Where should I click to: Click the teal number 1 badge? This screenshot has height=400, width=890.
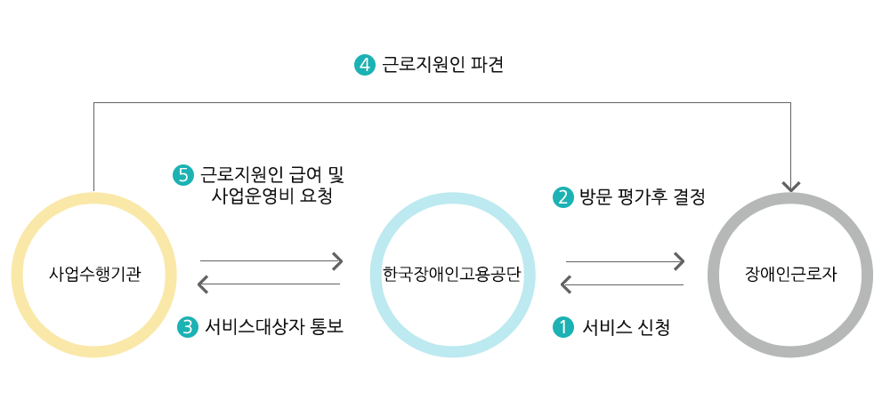[x=563, y=327]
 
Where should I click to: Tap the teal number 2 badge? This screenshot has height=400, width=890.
[x=563, y=197]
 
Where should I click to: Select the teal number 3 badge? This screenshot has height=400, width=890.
[x=186, y=327]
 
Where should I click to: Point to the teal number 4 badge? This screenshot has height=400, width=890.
[x=365, y=65]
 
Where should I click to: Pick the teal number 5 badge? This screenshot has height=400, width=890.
[x=183, y=175]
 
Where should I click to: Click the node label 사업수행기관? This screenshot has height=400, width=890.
[x=94, y=274]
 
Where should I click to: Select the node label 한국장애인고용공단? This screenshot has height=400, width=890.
[x=451, y=274]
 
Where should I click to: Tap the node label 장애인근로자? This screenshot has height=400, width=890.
[x=791, y=274]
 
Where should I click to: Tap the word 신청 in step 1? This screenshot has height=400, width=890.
[x=652, y=327]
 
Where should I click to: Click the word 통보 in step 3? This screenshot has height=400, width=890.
[x=325, y=327]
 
